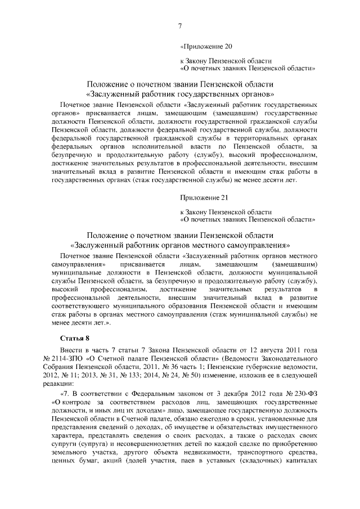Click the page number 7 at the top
pyautogui.click(x=180, y=25)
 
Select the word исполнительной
pyautogui.click(x=159, y=146)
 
